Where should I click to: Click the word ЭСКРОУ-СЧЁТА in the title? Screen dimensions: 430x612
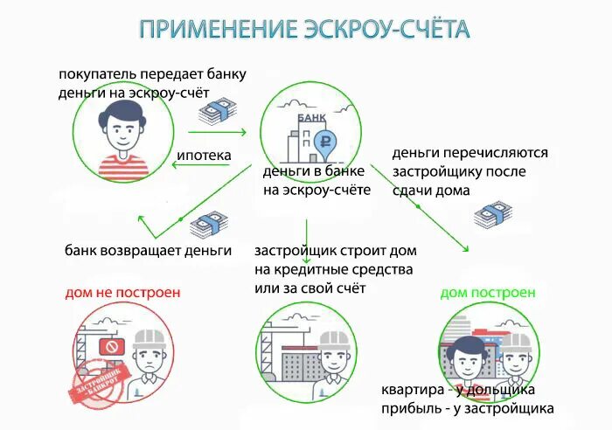[x=389, y=29]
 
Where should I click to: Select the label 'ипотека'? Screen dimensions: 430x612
[x=204, y=156]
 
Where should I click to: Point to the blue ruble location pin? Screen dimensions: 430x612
[x=325, y=139]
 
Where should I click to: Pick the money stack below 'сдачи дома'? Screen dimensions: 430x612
[x=490, y=213]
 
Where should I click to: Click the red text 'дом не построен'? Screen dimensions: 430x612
[x=122, y=292]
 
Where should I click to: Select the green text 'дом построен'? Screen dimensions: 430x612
[x=488, y=293]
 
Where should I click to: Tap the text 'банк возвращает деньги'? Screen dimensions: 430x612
[x=148, y=251]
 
